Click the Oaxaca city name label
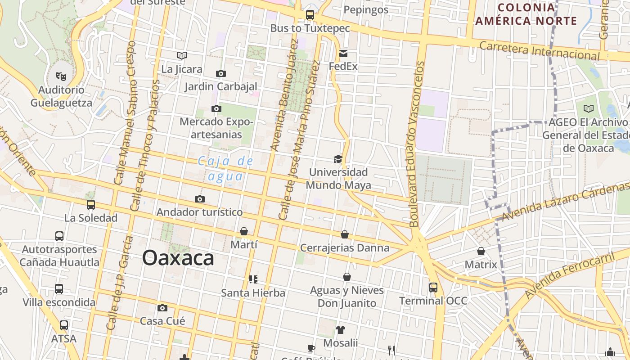[178, 258]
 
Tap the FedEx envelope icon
[343, 54]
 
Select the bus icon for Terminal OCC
[433, 287]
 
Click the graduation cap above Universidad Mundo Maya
[338, 159]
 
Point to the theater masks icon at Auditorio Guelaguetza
[61, 76]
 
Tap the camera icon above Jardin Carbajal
[220, 73]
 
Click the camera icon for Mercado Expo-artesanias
[216, 108]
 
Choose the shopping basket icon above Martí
[243, 231]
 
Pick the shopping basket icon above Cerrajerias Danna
[344, 234]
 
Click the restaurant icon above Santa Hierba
[253, 279]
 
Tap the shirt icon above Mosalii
[340, 330]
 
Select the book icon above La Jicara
[182, 55]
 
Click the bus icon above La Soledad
[91, 205]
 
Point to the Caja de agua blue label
[225, 168]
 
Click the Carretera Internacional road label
[539, 51]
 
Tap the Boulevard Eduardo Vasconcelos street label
[416, 144]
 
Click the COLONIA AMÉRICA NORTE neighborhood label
[526, 14]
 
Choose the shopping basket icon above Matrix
[481, 251]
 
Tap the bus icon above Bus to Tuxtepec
[310, 14]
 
